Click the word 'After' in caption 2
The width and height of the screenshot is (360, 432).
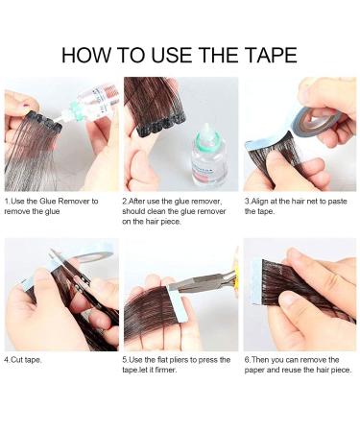click(x=141, y=202)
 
